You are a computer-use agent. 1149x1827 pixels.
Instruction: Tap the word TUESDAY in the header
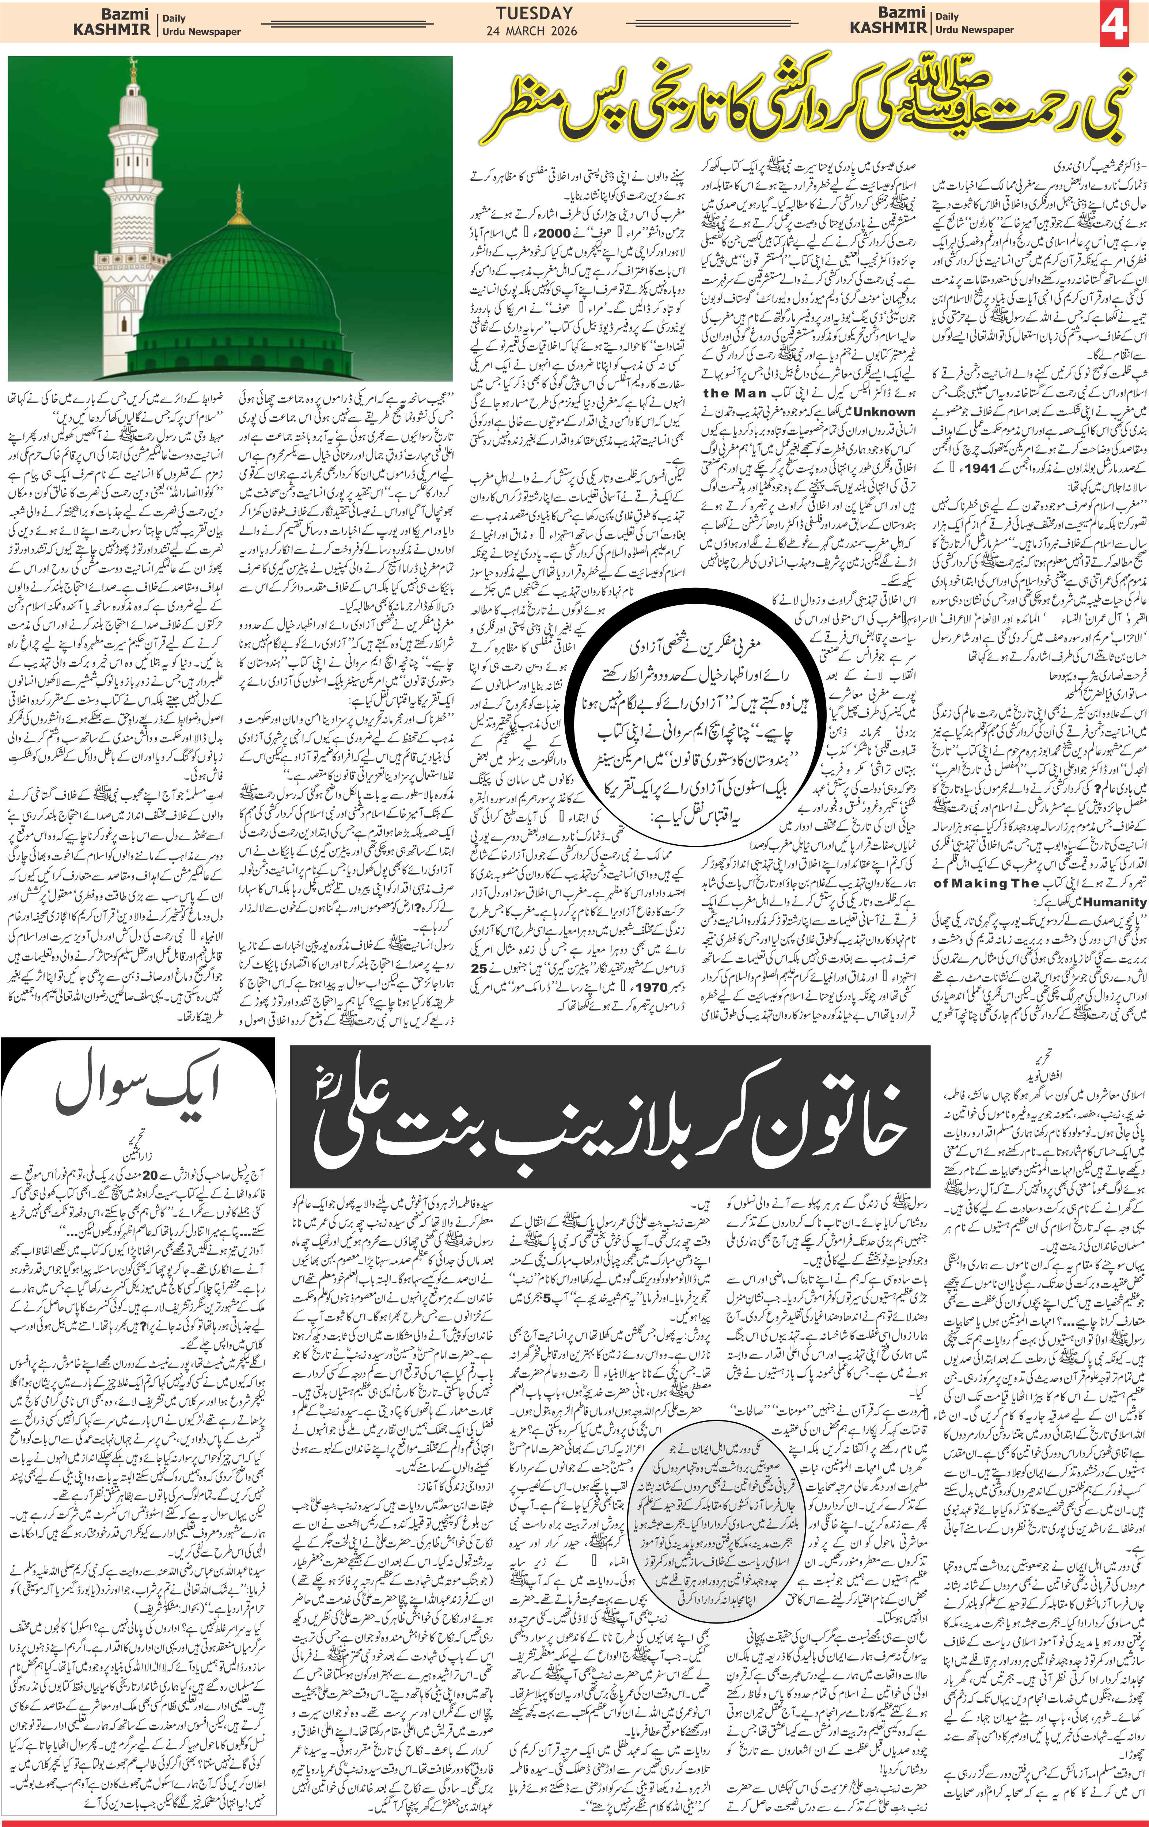click(534, 13)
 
